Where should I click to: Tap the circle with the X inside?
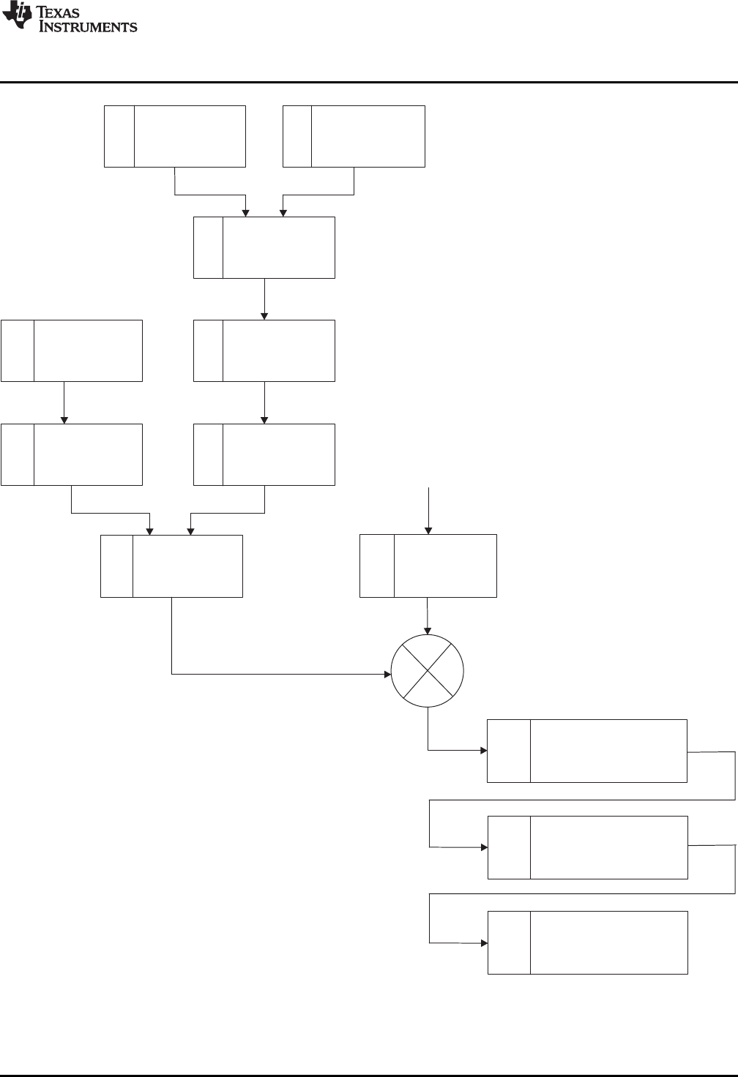[428, 671]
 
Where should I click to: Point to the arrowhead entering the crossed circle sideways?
[387, 674]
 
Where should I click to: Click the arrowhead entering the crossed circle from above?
[428, 630]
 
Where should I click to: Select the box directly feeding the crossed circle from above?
[428, 566]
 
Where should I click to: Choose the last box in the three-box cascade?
[587, 942]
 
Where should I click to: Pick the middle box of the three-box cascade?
[587, 847]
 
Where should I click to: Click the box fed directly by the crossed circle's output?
[587, 751]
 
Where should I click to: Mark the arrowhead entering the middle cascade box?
[483, 847]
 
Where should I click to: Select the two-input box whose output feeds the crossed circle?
[171, 566]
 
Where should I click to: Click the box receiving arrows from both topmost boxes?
[264, 247]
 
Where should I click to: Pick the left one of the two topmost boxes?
[174, 136]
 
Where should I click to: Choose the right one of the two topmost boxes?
[354, 136]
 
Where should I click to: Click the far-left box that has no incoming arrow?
[71, 350]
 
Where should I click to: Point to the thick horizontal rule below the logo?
[369, 82]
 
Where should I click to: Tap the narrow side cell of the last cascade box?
[509, 942]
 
